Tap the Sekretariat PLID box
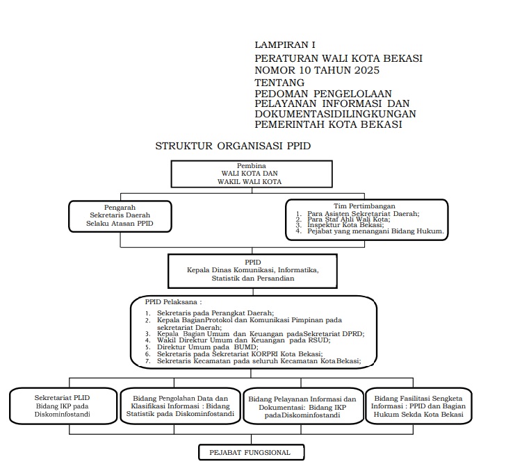(x=63, y=406)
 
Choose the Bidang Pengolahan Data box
(x=180, y=406)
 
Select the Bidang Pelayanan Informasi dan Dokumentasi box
(x=302, y=406)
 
